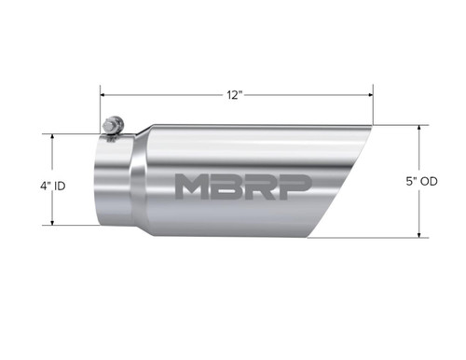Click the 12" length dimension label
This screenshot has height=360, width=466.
point(234,94)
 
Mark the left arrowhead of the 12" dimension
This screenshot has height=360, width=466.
point(104,94)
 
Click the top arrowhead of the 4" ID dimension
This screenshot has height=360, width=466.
point(53,136)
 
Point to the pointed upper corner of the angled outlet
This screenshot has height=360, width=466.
point(370,126)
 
